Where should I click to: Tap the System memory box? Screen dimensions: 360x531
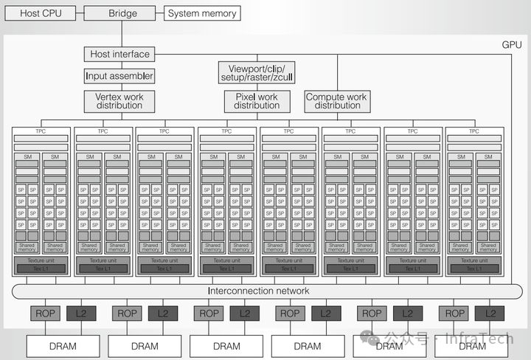(202, 13)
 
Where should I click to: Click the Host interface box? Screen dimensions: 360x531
(119, 54)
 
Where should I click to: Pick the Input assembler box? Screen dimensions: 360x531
(119, 76)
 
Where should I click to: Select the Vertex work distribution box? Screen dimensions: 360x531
(119, 101)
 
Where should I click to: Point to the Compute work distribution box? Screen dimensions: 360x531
(337, 101)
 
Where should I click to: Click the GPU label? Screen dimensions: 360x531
(511, 45)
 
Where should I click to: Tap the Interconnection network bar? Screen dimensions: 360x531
(259, 291)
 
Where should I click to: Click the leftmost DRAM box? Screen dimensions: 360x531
(63, 345)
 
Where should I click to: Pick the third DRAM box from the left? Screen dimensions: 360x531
(226, 345)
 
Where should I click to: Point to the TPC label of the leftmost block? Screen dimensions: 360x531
(41, 131)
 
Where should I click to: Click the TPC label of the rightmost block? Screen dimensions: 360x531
(474, 131)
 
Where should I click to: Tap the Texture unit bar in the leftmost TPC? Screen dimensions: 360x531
(41, 260)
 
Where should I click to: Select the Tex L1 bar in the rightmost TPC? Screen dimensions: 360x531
(474, 268)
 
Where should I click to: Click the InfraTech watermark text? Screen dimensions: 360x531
(483, 339)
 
